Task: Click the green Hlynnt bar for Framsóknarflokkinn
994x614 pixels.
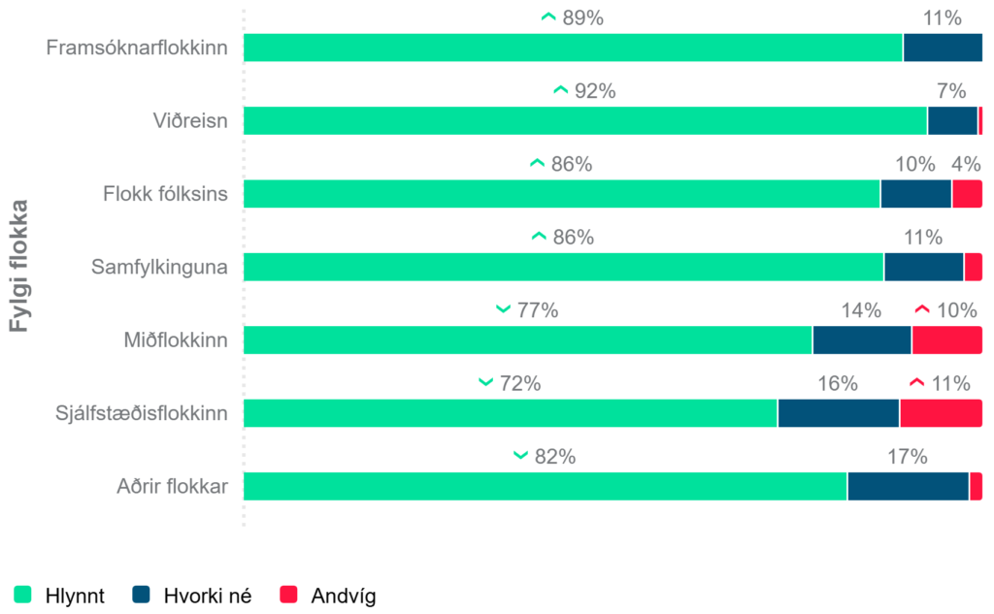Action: click(573, 48)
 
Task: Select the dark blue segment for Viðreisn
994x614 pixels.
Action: click(952, 121)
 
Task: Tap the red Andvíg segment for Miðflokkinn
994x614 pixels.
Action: click(946, 339)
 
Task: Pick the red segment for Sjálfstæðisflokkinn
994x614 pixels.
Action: click(941, 413)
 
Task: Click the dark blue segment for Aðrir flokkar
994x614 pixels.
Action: click(908, 486)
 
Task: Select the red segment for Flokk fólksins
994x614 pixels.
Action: click(967, 194)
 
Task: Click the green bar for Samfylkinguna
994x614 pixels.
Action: click(563, 267)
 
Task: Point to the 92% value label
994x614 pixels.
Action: click(595, 91)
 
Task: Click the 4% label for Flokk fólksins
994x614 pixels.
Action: click(966, 164)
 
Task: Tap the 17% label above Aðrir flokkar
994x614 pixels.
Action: click(908, 457)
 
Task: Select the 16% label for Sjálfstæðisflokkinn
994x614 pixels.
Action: click(837, 383)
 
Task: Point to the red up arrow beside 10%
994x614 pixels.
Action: click(923, 309)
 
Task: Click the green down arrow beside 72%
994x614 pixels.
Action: click(486, 383)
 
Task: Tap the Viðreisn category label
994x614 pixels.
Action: click(189, 121)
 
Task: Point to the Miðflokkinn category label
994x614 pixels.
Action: click(175, 340)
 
